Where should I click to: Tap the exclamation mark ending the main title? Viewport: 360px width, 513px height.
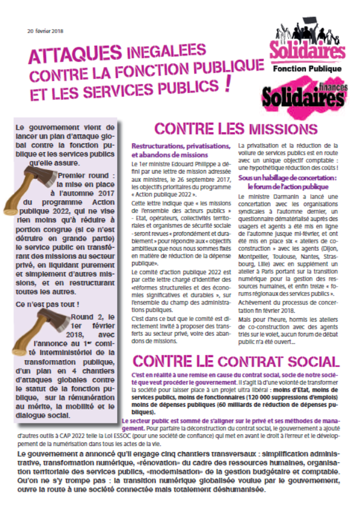tap(227, 85)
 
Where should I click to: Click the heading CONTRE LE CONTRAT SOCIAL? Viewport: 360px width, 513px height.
tap(236, 361)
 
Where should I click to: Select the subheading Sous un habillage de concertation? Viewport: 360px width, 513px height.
tap(288, 177)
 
